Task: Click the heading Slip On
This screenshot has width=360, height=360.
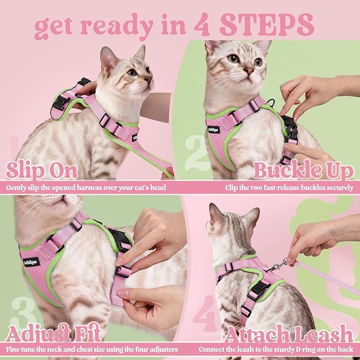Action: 42,171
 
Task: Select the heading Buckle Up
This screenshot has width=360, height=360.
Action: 303,171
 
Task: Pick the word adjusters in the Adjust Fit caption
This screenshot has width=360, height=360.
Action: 160,350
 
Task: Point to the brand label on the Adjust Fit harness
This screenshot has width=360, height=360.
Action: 31,262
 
